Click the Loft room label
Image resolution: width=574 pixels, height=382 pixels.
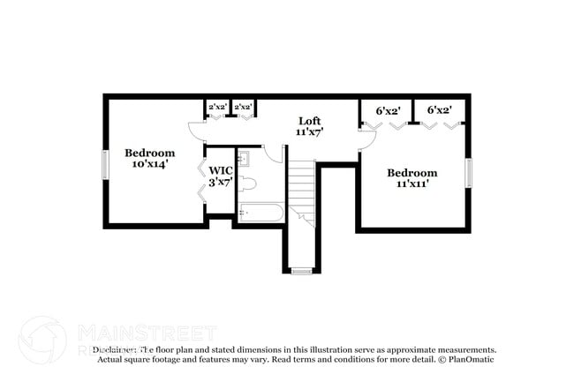point(309,121)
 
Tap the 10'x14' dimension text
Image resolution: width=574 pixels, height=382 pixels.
point(149,163)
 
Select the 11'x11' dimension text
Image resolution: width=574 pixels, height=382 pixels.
point(412,185)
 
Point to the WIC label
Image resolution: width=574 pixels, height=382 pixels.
point(221,169)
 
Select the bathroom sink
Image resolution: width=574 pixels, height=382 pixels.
point(245,159)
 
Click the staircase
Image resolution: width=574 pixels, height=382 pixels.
point(302,190)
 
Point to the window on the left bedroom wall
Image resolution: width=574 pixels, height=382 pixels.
point(105,165)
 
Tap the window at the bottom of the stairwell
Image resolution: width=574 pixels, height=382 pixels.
point(302,270)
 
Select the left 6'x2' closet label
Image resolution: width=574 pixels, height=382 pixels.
point(389,111)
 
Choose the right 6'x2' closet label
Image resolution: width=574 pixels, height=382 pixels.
point(439,110)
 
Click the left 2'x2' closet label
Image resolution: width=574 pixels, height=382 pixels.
point(217,108)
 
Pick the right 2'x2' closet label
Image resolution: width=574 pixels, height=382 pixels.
point(243,108)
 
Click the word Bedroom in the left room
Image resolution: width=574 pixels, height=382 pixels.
point(149,152)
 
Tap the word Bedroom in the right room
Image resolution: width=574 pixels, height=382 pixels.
point(412,173)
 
